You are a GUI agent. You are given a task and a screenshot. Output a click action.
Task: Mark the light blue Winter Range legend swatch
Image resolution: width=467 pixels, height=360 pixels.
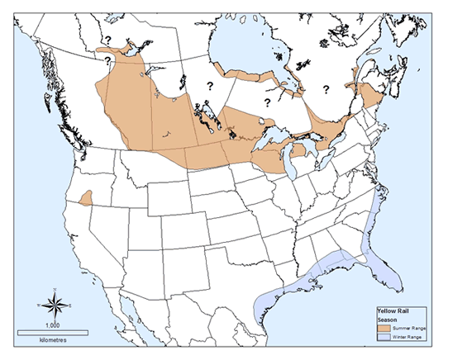[x=383, y=338]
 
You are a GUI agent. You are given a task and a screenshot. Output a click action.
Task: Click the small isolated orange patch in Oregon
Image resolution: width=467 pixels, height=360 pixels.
[x=86, y=199]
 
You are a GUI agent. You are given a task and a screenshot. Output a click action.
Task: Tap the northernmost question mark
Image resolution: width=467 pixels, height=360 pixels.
[x=107, y=39]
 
